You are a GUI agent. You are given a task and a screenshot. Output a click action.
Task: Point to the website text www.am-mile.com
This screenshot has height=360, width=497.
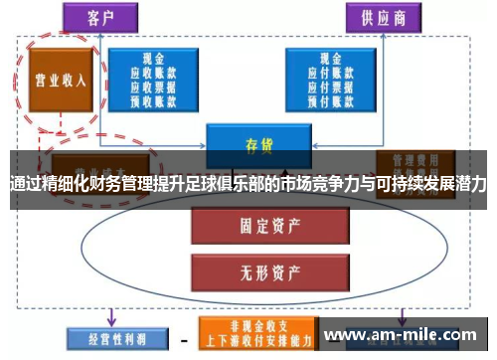coord(403,334)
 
